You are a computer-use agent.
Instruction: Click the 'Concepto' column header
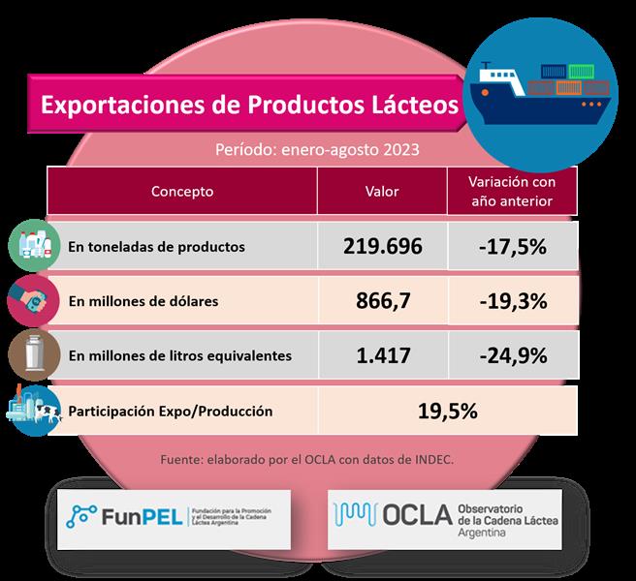[182, 192]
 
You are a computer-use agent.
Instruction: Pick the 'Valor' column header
[381, 192]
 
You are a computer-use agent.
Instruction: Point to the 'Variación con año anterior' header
[511, 192]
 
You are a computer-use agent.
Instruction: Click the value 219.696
[382, 246]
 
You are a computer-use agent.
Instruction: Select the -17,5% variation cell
[512, 246]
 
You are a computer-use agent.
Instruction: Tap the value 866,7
[382, 300]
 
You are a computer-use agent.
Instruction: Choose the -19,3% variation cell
[512, 300]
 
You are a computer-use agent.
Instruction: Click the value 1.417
[382, 355]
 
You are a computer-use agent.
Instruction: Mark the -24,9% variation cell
[512, 355]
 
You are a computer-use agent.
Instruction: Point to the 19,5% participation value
[447, 411]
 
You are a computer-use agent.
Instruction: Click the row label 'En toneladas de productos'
[156, 247]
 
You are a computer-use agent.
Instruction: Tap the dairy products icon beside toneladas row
[33, 245]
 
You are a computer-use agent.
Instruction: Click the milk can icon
[33, 354]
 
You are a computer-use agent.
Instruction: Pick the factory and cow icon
[33, 411]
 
